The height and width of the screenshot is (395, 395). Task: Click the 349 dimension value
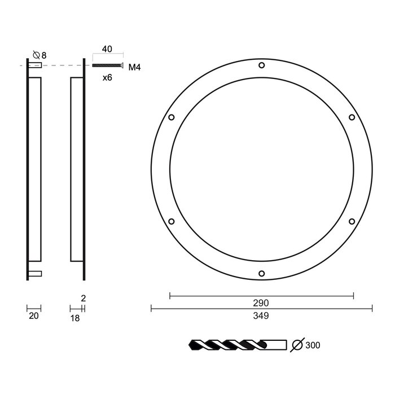[x=261, y=315]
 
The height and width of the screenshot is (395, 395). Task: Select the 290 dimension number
[x=261, y=303]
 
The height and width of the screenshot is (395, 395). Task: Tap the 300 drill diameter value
[x=313, y=345]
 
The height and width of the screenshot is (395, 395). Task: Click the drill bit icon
[x=237, y=344]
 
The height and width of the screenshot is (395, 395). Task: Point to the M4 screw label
[x=134, y=68]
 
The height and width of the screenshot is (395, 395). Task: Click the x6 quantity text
[x=107, y=78]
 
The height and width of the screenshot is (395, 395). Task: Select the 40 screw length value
[x=107, y=50]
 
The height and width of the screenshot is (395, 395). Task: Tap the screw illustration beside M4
[x=107, y=65]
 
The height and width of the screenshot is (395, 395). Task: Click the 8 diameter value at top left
[x=43, y=55]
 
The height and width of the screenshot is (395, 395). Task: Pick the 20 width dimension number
[x=33, y=317]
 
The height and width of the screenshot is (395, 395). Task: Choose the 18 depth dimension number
[x=75, y=318]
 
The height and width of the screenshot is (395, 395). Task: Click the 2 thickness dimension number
[x=83, y=298]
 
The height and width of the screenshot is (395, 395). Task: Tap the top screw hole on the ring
[x=262, y=65]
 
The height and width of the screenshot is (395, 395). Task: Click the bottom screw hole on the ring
[x=262, y=274]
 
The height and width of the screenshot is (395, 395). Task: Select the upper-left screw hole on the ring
[x=172, y=117]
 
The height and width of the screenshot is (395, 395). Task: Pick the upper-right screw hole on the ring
[x=352, y=117]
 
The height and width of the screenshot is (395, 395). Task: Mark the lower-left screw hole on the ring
[x=172, y=221]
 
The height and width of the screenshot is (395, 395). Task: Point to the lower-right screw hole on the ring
[x=352, y=221]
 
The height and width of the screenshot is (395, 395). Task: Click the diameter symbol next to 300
[x=297, y=344]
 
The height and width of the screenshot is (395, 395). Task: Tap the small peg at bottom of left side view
[x=35, y=274]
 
